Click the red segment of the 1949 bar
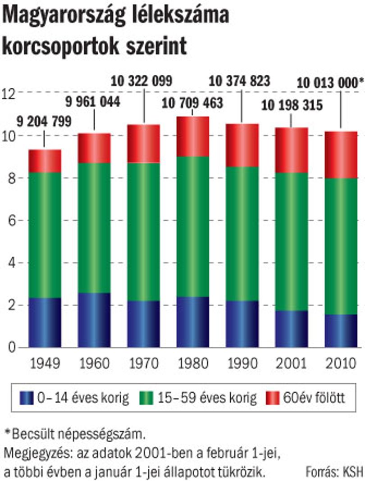45,161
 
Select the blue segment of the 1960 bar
94,320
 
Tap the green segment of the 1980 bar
193,227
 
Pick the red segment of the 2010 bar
341,155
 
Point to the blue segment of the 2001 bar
292,329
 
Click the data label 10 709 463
192,103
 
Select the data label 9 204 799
44,122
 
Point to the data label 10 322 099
141,81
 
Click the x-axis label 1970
144,363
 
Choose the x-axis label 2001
292,363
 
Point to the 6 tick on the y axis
12,221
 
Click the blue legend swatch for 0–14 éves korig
27,398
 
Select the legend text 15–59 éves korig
207,398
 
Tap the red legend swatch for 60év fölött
273,398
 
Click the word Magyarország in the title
64,16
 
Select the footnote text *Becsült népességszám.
75,434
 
